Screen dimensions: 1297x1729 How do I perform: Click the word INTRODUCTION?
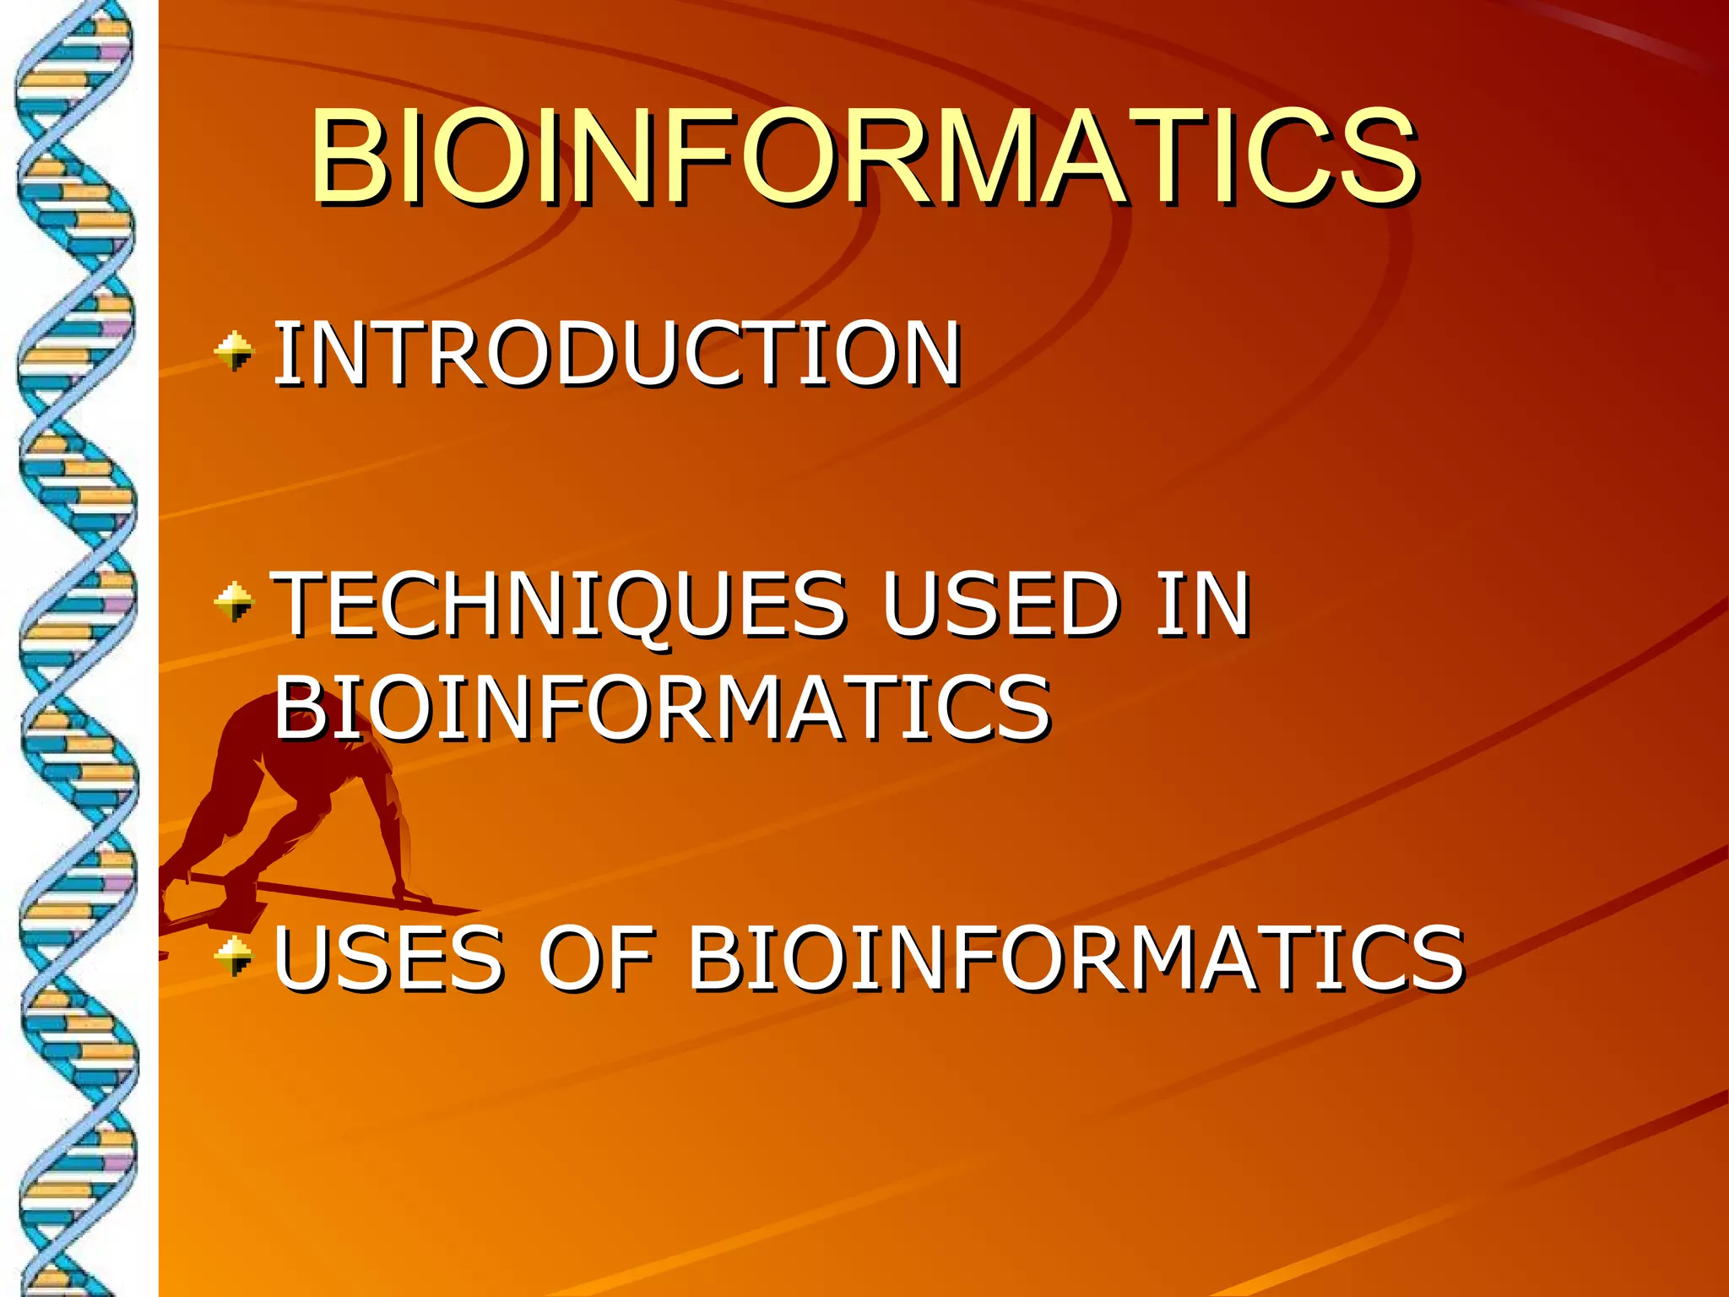click(617, 355)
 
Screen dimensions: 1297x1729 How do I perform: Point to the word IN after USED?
click(1202, 604)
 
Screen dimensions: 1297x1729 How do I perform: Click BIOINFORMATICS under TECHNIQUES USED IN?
click(663, 708)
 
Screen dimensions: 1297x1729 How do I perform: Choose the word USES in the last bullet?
click(388, 958)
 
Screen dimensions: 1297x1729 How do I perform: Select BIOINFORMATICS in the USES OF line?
click(1076, 958)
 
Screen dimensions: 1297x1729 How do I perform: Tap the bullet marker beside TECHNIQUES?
click(234, 601)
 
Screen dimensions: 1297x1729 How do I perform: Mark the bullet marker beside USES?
click(234, 955)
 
